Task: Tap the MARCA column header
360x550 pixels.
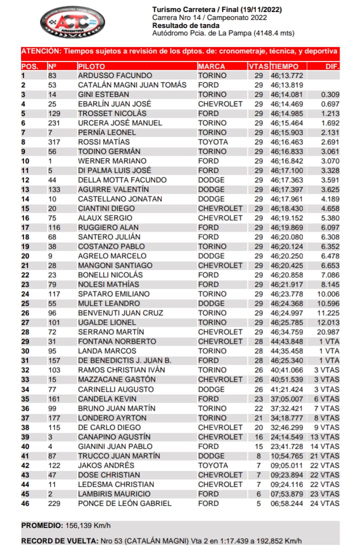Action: tap(211, 66)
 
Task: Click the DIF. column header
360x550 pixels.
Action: tap(332, 66)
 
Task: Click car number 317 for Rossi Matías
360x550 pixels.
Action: tap(54, 142)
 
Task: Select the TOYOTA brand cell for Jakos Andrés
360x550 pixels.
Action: tap(213, 465)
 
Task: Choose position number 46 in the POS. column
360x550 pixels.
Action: tap(25, 503)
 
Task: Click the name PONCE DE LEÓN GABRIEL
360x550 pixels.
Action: tap(124, 503)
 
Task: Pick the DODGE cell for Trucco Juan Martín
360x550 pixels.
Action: tap(211, 456)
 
